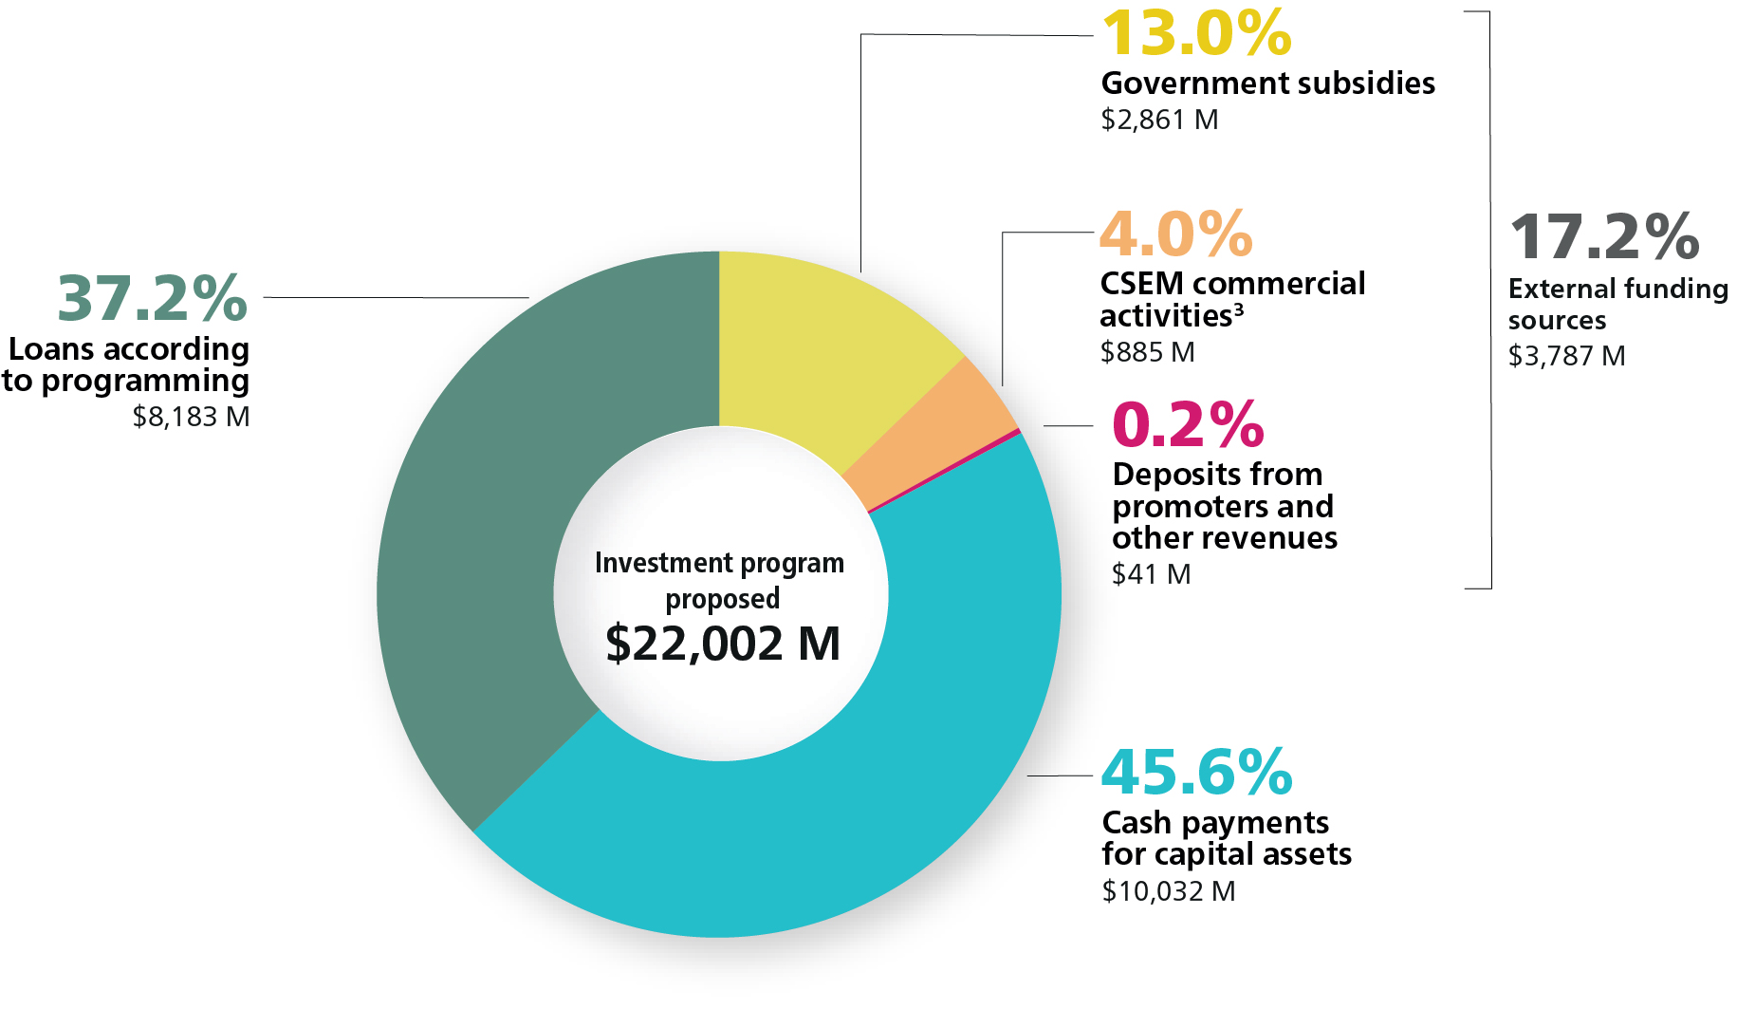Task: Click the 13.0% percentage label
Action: coord(1196,34)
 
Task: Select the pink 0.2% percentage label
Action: coord(1188,424)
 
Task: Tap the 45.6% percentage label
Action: coord(1197,773)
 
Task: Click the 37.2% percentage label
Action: coord(153,299)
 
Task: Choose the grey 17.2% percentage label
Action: coord(1604,237)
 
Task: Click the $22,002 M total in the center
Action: coord(723,644)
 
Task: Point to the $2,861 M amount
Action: coord(1159,121)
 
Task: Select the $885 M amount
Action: coord(1147,353)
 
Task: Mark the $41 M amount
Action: coord(1151,574)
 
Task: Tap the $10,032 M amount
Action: coord(1169,891)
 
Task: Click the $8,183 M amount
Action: coord(191,417)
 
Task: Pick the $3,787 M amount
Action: coord(1566,356)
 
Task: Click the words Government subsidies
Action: coord(1267,84)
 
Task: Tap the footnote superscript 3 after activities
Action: coord(1239,308)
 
